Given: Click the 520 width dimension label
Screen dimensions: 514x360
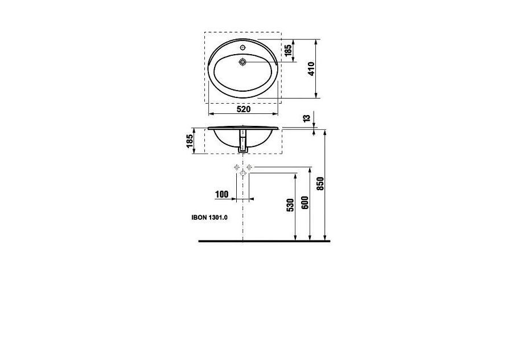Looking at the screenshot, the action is tap(244, 109).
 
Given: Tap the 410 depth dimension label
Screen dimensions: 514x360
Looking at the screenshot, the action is tap(311, 68).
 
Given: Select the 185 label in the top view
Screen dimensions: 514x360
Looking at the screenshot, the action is tap(288, 51).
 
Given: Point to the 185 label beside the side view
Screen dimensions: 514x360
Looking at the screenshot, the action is tap(190, 141).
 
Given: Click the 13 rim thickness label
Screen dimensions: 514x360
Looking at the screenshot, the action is tap(307, 118).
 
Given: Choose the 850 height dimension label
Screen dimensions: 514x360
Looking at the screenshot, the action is tap(320, 183).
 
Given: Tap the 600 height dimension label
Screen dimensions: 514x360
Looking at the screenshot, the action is tap(305, 202).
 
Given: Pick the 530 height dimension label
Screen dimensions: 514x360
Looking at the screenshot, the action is tap(290, 205).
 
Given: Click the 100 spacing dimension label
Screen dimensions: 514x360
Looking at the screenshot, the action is tap(221, 194).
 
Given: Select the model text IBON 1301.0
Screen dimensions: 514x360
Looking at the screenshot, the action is tap(209, 217).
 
